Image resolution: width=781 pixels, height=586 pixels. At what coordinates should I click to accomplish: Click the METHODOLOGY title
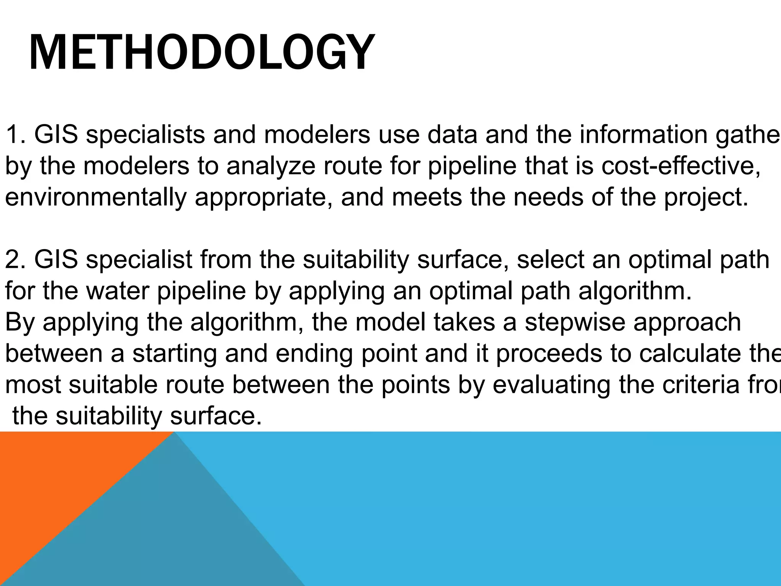[x=201, y=53]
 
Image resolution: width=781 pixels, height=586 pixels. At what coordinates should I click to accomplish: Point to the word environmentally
[x=96, y=198]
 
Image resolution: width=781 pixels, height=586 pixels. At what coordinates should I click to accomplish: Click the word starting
[x=175, y=354]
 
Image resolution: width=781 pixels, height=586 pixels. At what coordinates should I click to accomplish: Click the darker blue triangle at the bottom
[x=172, y=534]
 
